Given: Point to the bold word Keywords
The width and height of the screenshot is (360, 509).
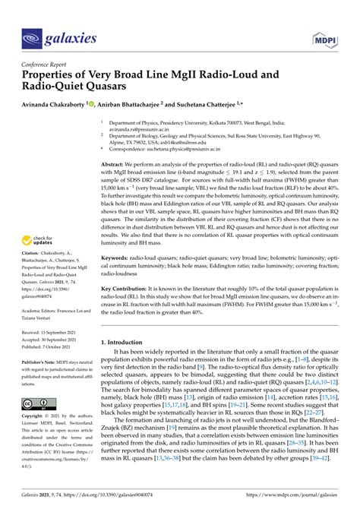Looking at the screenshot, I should point(115,259).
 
